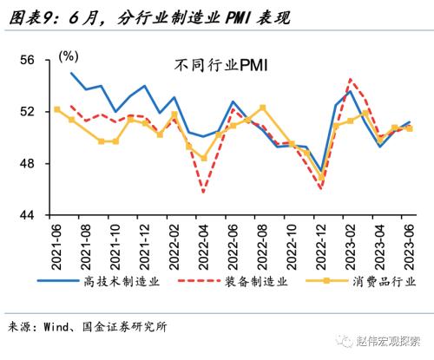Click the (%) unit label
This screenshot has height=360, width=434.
[67, 56]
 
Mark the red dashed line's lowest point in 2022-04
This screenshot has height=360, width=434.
[204, 192]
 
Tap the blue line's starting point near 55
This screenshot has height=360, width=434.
[71, 73]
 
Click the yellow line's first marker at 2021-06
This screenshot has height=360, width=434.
[56, 109]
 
